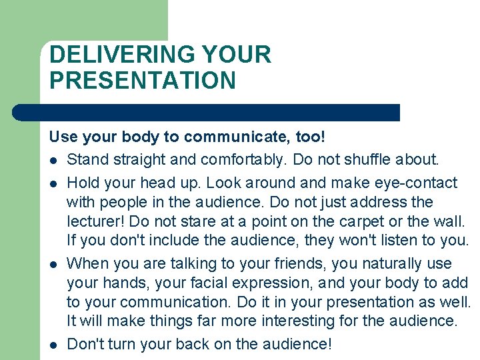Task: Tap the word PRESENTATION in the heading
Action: tap(143, 81)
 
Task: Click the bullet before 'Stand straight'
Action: tap(53, 161)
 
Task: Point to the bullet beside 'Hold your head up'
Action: tap(53, 183)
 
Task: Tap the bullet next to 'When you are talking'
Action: tap(53, 265)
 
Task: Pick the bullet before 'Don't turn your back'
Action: tap(53, 345)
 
